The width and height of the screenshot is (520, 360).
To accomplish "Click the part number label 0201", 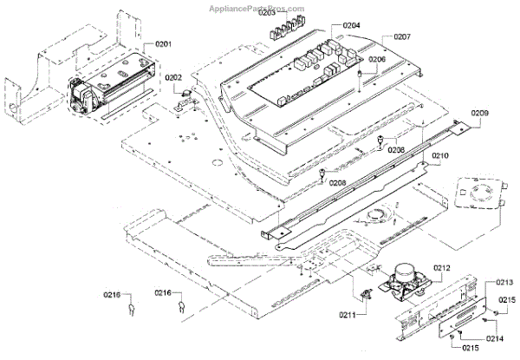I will point(164,44).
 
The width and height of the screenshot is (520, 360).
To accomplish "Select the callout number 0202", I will point(174,78).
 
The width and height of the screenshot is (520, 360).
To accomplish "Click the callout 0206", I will point(376,60).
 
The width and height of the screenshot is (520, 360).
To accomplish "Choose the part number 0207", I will point(402,37).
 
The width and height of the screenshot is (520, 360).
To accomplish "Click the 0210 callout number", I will point(440,157).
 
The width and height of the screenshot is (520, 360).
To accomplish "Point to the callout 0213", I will point(505,283).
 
